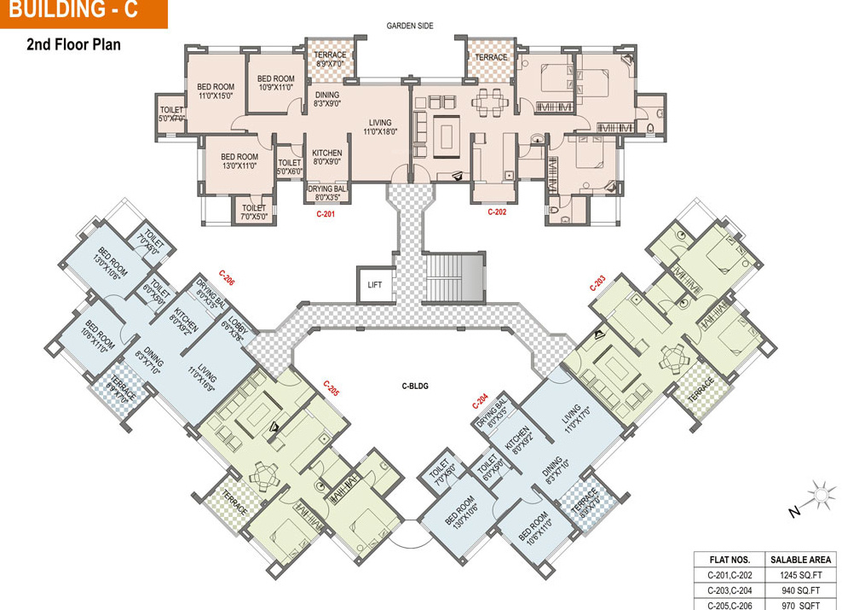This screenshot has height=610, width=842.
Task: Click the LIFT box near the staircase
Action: click(375, 285)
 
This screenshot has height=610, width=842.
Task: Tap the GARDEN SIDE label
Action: click(410, 26)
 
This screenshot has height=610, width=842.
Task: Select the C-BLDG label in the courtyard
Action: click(414, 386)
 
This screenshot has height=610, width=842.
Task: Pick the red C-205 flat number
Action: click(331, 389)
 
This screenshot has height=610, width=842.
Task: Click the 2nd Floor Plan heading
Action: click(73, 44)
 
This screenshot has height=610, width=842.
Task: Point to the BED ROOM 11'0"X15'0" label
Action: click(216, 91)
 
